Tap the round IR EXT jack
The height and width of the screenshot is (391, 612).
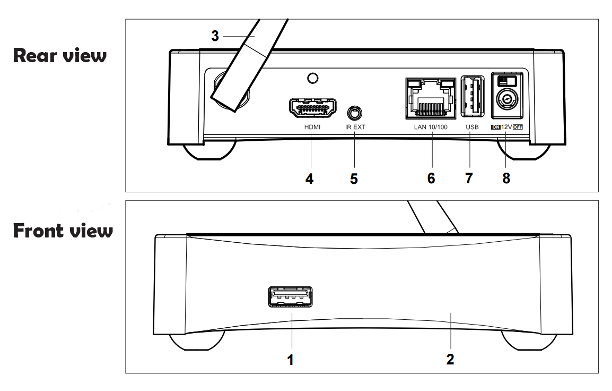pyautogui.click(x=354, y=113)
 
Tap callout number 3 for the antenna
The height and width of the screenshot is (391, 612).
pyautogui.click(x=215, y=36)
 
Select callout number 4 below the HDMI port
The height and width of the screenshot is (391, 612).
pyautogui.click(x=309, y=178)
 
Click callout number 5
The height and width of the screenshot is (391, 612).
pyautogui.click(x=354, y=178)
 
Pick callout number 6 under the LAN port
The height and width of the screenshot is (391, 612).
pyautogui.click(x=431, y=178)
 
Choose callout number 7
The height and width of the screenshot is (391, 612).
pyautogui.click(x=469, y=178)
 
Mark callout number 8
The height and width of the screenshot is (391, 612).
pyautogui.click(x=506, y=178)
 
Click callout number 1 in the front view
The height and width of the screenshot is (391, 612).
pyautogui.click(x=290, y=360)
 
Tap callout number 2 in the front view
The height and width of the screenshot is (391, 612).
pyautogui.click(x=450, y=360)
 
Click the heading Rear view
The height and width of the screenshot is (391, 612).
pyautogui.click(x=59, y=55)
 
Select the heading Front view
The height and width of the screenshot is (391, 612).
pyautogui.click(x=63, y=231)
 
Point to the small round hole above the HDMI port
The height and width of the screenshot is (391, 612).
pyautogui.click(x=313, y=79)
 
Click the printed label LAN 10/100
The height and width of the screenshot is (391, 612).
pyautogui.click(x=431, y=127)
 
